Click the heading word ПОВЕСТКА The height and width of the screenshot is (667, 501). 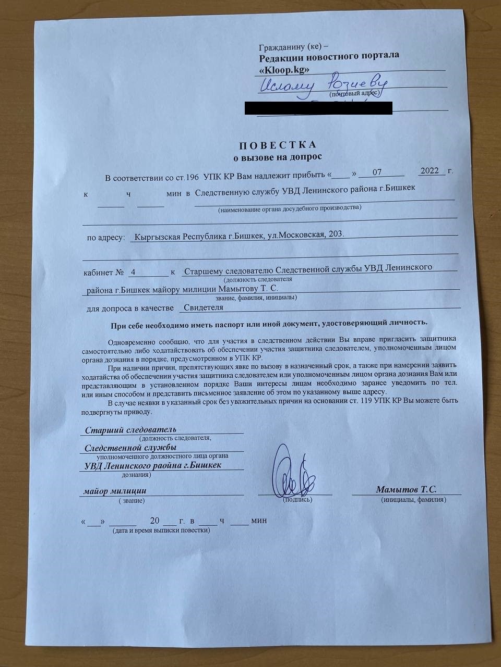coord(277,145)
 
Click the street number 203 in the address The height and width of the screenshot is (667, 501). coord(335,234)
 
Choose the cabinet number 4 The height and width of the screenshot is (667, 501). coord(133,272)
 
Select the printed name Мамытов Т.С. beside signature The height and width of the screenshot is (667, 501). coord(406,489)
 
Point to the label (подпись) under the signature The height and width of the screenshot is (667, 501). coord(297,500)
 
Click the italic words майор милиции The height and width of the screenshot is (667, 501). coord(115,491)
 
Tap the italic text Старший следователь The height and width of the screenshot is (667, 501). coord(130,430)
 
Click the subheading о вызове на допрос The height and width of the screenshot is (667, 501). coord(277,156)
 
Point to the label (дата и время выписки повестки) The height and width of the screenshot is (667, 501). coord(161,530)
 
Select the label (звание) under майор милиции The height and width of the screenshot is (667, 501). coord(131,500)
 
